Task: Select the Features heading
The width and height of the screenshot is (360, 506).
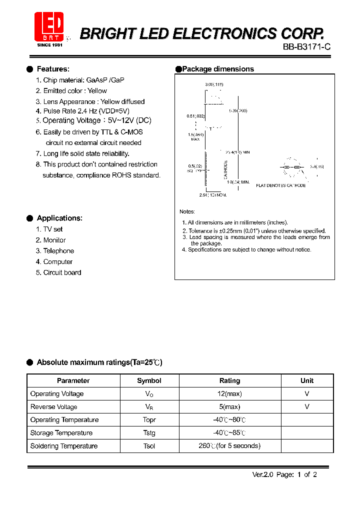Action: click(53, 69)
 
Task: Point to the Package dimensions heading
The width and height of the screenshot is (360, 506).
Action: click(218, 69)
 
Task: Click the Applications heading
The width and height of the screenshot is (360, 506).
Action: click(59, 218)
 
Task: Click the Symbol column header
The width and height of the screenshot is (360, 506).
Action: click(149, 380)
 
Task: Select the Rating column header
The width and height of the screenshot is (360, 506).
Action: click(229, 380)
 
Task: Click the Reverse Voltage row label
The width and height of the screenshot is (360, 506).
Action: click(53, 407)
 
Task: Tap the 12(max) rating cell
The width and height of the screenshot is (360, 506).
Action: click(229, 394)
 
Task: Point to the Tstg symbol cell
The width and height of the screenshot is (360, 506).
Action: click(149, 433)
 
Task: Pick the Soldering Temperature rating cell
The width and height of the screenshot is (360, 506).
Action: click(229, 446)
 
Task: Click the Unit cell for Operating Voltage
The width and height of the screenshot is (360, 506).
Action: click(307, 394)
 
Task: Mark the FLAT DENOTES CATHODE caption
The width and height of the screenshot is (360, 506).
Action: click(281, 185)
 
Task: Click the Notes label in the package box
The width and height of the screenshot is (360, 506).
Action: click(187, 211)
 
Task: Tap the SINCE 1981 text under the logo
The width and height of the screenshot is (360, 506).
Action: click(50, 44)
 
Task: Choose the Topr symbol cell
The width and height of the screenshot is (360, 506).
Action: click(149, 420)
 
